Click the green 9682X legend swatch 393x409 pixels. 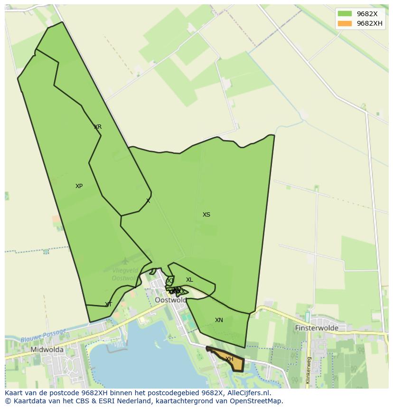[345, 14]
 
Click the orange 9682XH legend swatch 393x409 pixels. [345, 23]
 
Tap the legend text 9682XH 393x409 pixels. [369, 23]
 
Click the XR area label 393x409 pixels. [98, 127]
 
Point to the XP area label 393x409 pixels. [79, 186]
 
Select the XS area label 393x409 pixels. [206, 215]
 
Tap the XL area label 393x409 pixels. [189, 280]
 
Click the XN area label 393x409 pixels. [219, 320]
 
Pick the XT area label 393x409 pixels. [108, 304]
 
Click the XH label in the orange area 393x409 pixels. [229, 359]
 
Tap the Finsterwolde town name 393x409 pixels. [317, 328]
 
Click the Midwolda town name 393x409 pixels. [47, 350]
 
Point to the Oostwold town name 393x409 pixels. [171, 300]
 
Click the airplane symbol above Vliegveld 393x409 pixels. [125, 261]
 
